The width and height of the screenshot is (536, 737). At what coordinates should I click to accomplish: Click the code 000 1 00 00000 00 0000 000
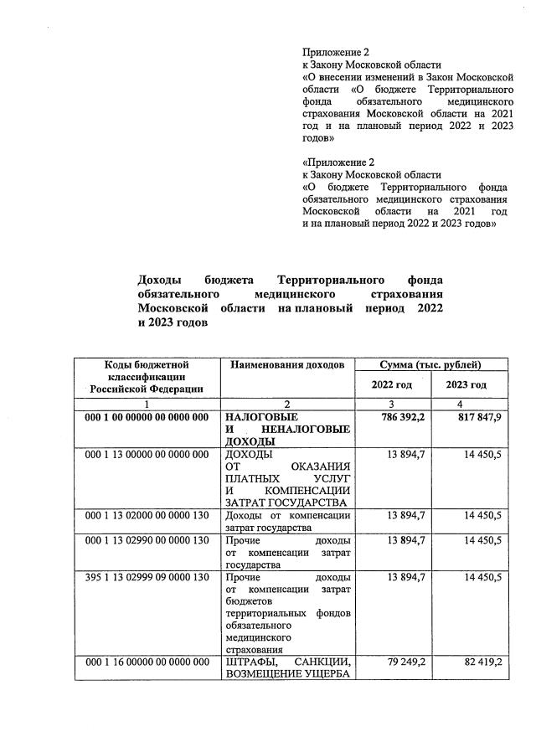(147, 416)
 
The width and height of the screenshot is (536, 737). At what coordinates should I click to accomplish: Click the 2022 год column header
(392, 384)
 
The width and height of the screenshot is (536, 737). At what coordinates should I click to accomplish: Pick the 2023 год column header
(466, 384)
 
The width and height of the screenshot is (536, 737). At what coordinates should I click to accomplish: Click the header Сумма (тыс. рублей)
(430, 365)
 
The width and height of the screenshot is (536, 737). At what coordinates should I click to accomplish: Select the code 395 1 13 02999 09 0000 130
(147, 578)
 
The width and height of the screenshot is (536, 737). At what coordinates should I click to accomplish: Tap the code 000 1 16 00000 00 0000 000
(147, 662)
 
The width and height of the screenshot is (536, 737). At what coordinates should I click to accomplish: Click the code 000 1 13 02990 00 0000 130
(147, 540)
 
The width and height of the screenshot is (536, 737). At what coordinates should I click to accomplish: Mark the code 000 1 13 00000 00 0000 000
(147, 454)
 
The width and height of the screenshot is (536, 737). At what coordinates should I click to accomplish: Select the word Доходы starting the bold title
(159, 280)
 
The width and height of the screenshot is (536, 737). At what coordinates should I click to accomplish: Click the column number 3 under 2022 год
(391, 405)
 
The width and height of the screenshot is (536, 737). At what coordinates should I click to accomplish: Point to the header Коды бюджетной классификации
(147, 376)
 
